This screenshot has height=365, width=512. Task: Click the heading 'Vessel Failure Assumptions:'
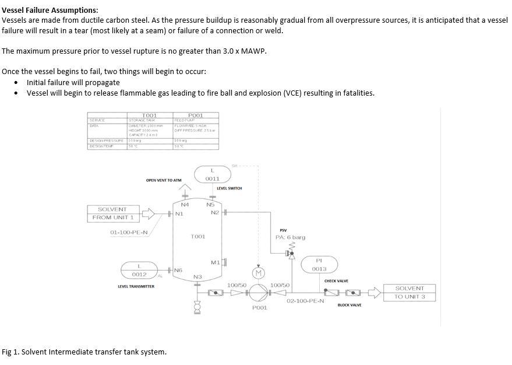50,10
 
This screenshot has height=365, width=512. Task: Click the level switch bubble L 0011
213,174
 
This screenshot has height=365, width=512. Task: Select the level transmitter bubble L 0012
139,270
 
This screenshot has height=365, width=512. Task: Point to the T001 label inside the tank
198,237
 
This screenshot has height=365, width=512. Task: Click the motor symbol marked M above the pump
259,272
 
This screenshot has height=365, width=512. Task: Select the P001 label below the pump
260,307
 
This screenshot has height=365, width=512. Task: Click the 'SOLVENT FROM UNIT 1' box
112,213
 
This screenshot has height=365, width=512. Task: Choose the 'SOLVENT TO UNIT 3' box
409,293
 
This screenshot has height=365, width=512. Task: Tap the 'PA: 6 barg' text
290,237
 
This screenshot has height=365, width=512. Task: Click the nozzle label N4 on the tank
185,205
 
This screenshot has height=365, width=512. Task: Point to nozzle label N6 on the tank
178,270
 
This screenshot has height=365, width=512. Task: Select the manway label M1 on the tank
214,262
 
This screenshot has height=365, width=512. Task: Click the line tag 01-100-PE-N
129,233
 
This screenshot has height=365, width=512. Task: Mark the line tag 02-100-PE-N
305,301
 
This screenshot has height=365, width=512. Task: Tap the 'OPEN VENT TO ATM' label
164,180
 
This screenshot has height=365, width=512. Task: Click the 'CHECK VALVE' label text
336,281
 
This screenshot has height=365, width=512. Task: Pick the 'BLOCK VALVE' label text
349,305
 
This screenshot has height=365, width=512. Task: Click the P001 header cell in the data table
196,115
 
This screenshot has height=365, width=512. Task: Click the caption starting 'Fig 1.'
84,352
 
